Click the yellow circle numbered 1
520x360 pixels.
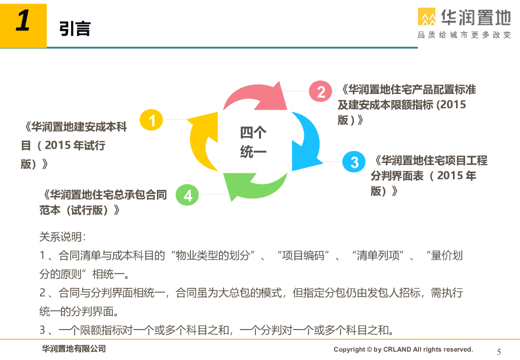coord(151,120)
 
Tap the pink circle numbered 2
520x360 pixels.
coord(320,91)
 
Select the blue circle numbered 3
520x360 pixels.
coord(354,162)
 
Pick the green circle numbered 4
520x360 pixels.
coord(187,194)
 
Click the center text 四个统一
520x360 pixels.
coord(253,142)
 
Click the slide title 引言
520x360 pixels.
coord(75,28)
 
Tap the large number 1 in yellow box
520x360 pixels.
coord(23,20)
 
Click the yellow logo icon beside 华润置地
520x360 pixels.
coord(427,17)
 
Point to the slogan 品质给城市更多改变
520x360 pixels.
coord(464,35)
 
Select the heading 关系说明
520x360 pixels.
coord(62,237)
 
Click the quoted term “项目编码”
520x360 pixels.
coord(303,255)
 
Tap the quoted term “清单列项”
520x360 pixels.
coord(378,255)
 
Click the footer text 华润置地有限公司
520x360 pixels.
coord(74,349)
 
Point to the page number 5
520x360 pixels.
coord(499,352)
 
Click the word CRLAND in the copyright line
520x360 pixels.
coord(397,349)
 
